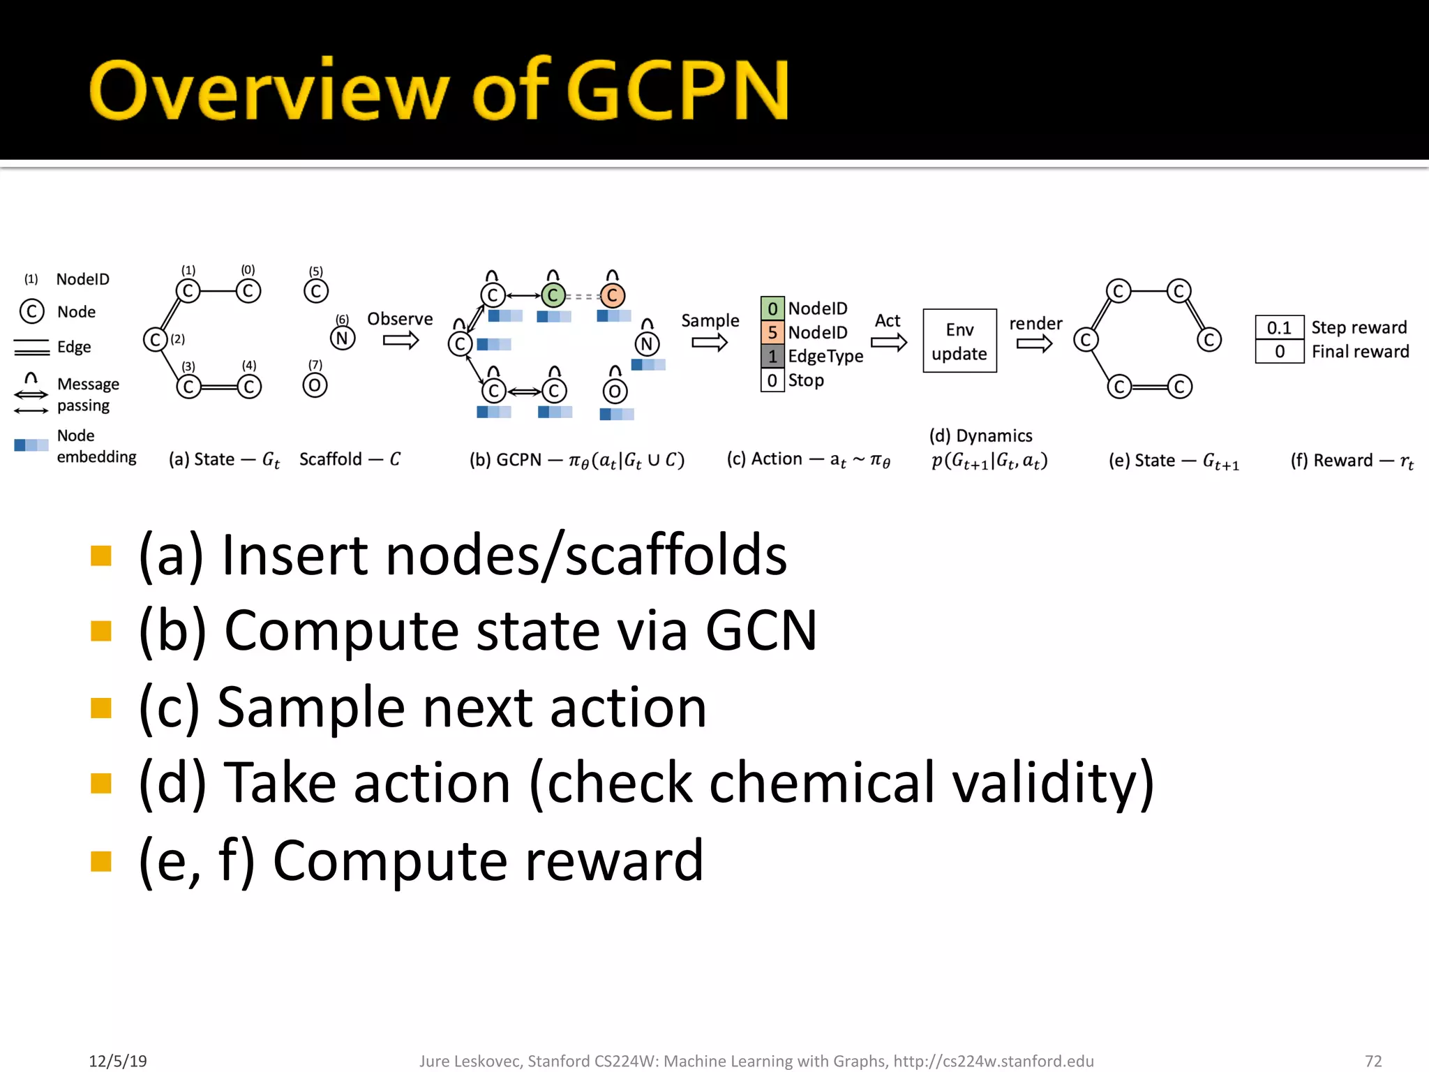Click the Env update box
tap(959, 341)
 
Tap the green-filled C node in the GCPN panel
tap(553, 295)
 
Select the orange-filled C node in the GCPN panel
tap(612, 295)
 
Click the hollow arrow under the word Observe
tap(401, 341)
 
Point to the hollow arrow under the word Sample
tap(710, 343)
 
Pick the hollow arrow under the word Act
tap(888, 343)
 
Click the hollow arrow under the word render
tap(1034, 343)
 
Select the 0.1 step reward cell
tap(1279, 327)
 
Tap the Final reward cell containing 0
tap(1279, 351)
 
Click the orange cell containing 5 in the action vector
tap(772, 332)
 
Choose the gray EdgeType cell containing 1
tap(772, 356)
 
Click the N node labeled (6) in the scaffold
tap(342, 338)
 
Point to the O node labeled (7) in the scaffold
tap(315, 385)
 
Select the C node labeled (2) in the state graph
tap(155, 340)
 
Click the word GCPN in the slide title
tap(678, 91)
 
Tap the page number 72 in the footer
tap(1373, 1061)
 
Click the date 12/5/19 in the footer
tap(118, 1061)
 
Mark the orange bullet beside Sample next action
tap(101, 708)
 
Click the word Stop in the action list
tap(806, 380)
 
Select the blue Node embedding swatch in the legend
tap(31, 445)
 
